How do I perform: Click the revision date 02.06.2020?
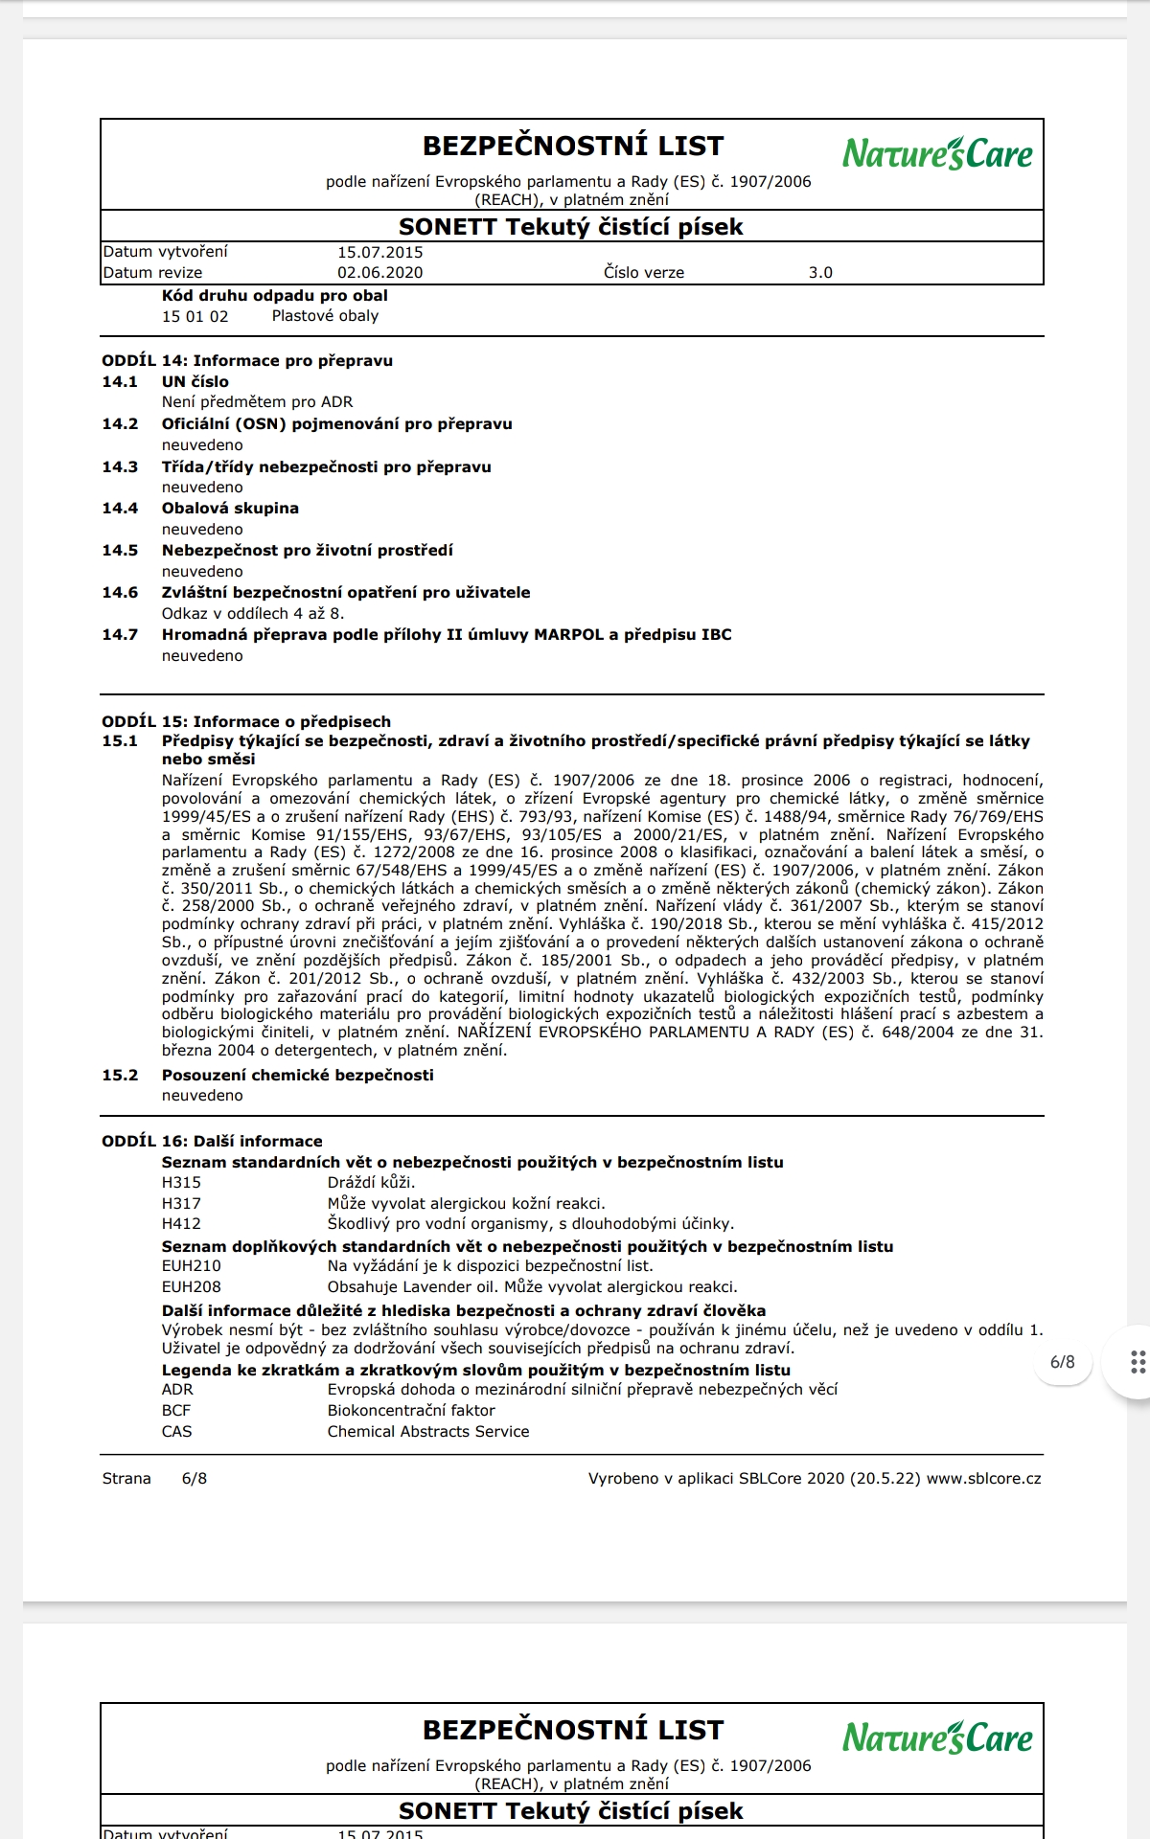(x=379, y=273)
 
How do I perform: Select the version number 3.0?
(x=820, y=273)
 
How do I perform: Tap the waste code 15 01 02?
(x=195, y=317)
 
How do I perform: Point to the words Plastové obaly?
(x=325, y=316)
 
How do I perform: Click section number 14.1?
(x=120, y=382)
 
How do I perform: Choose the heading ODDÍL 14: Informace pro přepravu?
(x=247, y=361)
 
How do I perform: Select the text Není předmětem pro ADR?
(x=257, y=402)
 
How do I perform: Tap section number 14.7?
(x=120, y=635)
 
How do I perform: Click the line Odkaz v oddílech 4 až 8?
(x=252, y=614)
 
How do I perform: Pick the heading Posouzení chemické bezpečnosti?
(x=297, y=1076)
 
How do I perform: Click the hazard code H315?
(x=181, y=1183)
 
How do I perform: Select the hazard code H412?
(x=181, y=1224)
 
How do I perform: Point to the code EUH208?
(x=191, y=1287)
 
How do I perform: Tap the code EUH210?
(x=191, y=1266)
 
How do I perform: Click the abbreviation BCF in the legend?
(x=176, y=1411)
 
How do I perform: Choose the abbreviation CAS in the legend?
(x=176, y=1432)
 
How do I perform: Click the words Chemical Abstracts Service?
(x=427, y=1432)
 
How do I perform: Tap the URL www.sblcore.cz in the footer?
(x=983, y=1479)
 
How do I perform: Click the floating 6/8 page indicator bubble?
(x=1062, y=1362)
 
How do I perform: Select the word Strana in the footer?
(x=126, y=1479)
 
